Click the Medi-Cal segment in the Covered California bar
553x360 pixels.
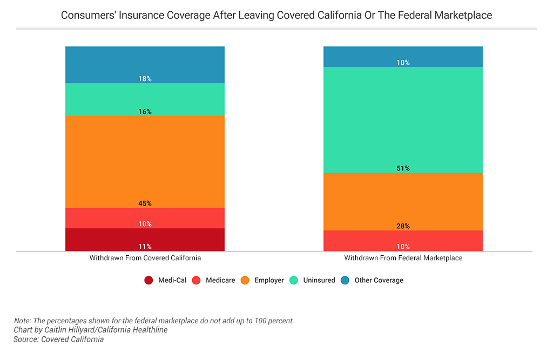coord(145,239)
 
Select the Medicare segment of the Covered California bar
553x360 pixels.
coord(145,218)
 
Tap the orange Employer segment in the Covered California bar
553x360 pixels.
coord(145,162)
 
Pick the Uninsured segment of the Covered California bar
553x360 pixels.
coord(145,99)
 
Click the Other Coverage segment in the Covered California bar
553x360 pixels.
coord(145,64)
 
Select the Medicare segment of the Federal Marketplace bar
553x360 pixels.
coord(403,241)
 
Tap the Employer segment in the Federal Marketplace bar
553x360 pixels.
coord(403,201)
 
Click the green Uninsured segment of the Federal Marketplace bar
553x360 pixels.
coord(403,119)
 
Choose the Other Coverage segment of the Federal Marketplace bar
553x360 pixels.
coord(403,56)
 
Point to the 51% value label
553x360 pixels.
coord(403,168)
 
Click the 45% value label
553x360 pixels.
coord(145,203)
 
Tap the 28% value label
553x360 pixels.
coord(403,226)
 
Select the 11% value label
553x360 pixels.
coord(145,247)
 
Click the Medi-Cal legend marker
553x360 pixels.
coord(149,280)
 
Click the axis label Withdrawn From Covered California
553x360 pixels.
coord(145,258)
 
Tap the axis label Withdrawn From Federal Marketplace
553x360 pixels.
coord(403,258)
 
